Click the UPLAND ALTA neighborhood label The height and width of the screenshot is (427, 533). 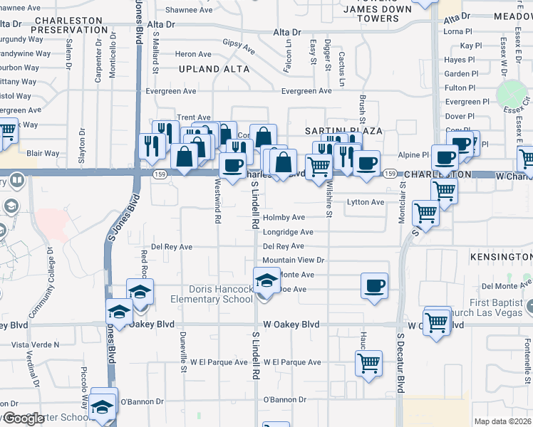click(214, 69)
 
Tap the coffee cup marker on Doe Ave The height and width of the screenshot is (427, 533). click(375, 286)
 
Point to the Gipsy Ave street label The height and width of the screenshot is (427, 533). click(239, 47)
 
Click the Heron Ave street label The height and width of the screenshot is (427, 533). click(194, 54)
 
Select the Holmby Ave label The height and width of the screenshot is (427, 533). click(284, 217)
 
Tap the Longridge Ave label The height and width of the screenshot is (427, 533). click(288, 232)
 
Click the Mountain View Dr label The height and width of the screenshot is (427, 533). click(294, 260)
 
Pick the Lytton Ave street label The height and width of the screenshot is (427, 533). click(366, 202)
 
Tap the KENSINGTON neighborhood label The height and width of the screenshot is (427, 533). click(501, 255)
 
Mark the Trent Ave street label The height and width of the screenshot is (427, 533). click(194, 117)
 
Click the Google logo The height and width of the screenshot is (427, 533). click(24, 419)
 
